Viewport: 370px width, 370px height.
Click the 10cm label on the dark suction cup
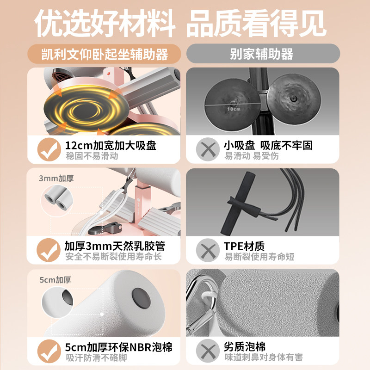(234, 109)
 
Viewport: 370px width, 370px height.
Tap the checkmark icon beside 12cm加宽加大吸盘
(49, 149)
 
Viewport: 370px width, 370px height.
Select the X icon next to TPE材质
(208, 250)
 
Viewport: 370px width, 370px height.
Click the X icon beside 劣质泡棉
(208, 351)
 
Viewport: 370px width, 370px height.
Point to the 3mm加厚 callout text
(56, 179)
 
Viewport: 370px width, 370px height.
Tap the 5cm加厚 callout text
(55, 280)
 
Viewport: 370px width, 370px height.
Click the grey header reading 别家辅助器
(263, 54)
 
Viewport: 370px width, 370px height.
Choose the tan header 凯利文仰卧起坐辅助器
(105, 54)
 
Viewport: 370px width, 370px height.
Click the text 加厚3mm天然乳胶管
(115, 246)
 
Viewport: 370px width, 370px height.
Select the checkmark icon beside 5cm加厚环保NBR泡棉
(49, 351)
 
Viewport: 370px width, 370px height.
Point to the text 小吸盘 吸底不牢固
(268, 145)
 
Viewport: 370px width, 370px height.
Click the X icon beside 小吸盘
(208, 149)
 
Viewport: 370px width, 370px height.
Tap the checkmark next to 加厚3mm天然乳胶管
(49, 250)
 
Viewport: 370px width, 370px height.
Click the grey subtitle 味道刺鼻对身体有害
(264, 357)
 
